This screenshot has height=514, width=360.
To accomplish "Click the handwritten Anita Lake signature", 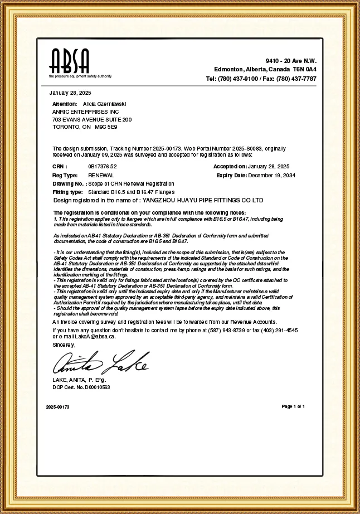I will tap(100, 363).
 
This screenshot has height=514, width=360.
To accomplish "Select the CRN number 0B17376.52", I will tap(103, 167).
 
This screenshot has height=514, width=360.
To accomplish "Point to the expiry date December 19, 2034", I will tap(272, 175).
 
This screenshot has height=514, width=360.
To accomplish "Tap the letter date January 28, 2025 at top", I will tap(70, 92).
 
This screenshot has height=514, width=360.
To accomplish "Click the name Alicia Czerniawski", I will tap(104, 104).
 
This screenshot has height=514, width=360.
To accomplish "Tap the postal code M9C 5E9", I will tap(106, 127).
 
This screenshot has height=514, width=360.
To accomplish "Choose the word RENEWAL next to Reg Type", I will tap(101, 175).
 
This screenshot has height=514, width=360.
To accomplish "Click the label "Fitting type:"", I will tap(67, 192).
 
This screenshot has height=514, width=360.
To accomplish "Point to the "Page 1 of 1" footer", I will tap(293, 406).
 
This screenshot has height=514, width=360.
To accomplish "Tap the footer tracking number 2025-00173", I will tap(58, 407).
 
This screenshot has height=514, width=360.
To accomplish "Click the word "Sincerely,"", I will tap(64, 345).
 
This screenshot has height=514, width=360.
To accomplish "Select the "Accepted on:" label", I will tap(230, 167).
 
